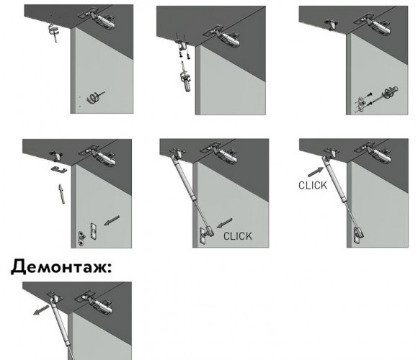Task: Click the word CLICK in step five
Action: pos(238,236)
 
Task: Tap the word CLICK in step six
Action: pos(313,185)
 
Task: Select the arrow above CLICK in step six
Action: pos(316,172)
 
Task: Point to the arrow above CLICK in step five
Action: pos(224,223)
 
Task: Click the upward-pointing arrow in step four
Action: pos(61,194)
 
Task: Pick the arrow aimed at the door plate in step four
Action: pos(112,220)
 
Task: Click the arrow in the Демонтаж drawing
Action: pos(41,310)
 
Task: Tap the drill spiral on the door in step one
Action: pos(95,97)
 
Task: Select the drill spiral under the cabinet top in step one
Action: pos(54,32)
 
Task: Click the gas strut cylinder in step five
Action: pos(183,178)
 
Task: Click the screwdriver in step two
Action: pos(185,78)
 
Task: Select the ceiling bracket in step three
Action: pos(331,24)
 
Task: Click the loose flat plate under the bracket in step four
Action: pos(59,170)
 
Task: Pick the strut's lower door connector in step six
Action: pos(359,234)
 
